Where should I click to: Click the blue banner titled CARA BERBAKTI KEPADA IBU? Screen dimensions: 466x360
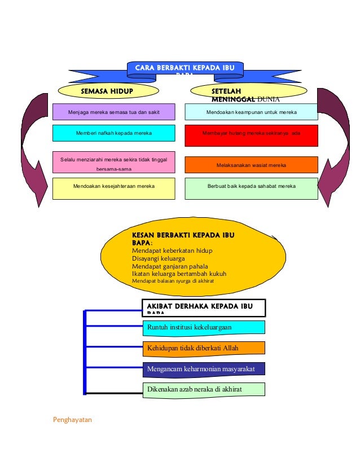[x=185, y=69]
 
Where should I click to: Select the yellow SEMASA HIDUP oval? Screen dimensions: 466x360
[x=109, y=90]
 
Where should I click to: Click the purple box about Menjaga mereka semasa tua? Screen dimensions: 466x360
[x=113, y=112]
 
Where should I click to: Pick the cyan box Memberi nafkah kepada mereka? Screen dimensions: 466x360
[x=113, y=133]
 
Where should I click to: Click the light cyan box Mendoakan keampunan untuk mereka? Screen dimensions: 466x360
[x=251, y=112]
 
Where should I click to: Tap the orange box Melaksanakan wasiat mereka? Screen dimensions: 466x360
[x=251, y=165]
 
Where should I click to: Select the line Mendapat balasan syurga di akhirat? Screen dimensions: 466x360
[x=173, y=280]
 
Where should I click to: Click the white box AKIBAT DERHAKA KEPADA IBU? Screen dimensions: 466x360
[x=203, y=307]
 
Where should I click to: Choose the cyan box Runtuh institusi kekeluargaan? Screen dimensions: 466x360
[x=203, y=327]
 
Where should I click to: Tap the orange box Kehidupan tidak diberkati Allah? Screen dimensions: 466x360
[x=203, y=348]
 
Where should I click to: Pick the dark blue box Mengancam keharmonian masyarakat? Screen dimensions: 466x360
[x=203, y=369]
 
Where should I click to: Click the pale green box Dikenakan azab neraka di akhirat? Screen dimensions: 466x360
[x=203, y=389]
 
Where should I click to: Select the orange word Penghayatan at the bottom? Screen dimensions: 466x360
[x=72, y=419]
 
